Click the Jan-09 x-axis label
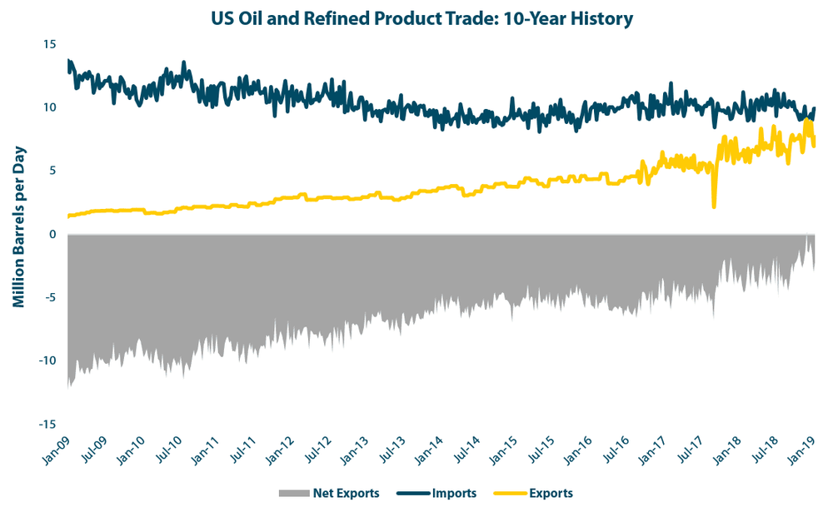click(x=57, y=450)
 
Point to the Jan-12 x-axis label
click(x=282, y=450)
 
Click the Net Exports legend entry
click(x=346, y=493)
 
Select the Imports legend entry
click(x=454, y=493)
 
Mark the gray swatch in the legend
click(x=292, y=494)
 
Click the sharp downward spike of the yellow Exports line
click(x=714, y=205)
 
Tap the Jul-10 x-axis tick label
click(x=170, y=450)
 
